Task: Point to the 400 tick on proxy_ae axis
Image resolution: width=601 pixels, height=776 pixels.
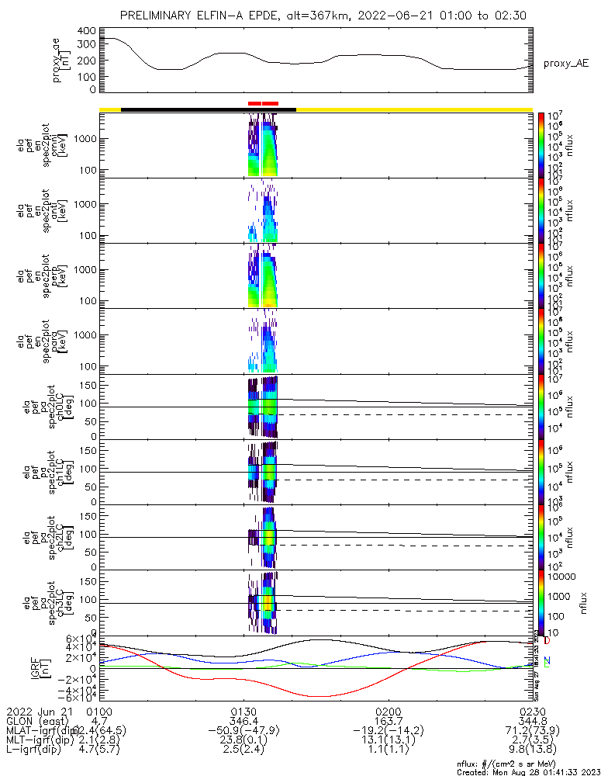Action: point(86,31)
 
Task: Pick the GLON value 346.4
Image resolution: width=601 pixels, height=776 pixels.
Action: point(244,721)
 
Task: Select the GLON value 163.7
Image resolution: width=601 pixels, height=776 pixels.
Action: point(388,721)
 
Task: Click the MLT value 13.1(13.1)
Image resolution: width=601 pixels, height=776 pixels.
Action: point(388,741)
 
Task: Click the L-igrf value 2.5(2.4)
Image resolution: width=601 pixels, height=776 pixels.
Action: point(244,751)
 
